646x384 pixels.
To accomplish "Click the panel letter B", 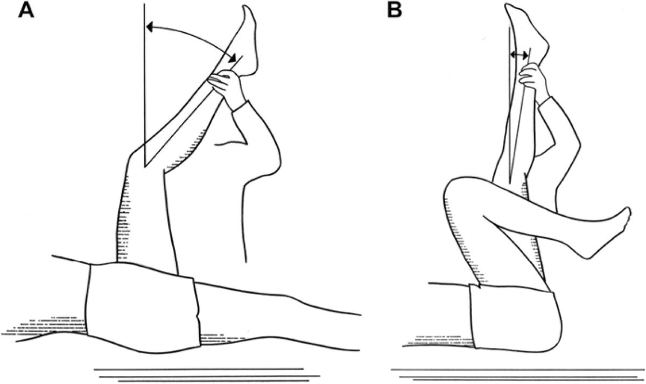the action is click(395, 10).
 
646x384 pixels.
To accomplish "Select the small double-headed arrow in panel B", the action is click(519, 54).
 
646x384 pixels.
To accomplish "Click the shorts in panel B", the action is click(511, 317).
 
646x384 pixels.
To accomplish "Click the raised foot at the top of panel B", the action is click(525, 27).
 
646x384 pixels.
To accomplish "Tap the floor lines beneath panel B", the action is click(517, 375).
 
